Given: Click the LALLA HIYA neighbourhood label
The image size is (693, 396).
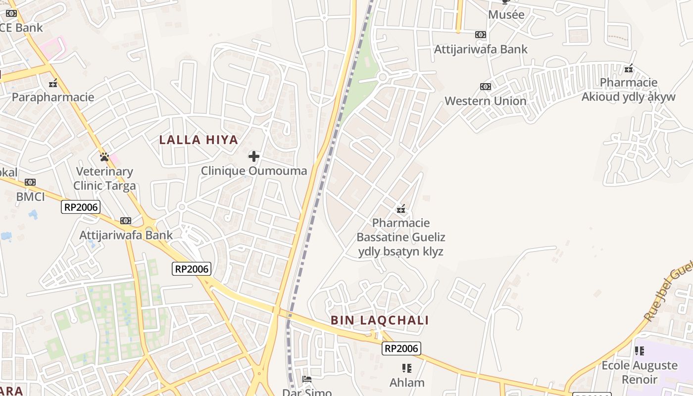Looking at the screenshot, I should pos(198,140).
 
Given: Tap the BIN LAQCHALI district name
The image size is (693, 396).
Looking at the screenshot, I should pos(380,320).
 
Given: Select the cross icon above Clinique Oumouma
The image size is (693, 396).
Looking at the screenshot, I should pos(254,156).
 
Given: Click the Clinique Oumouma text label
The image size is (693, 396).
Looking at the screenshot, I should pos(254,171).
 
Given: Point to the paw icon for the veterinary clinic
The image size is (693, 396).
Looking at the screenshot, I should pos(104,157).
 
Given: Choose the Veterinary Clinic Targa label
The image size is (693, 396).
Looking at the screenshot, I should pos(104,179).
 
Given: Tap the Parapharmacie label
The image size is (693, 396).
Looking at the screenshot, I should pos(53,97).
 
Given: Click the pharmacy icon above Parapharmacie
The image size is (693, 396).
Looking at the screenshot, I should pos(53,83).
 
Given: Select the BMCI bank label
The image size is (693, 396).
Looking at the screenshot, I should pos(30,197).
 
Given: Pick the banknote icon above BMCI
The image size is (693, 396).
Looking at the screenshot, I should pos(30,182).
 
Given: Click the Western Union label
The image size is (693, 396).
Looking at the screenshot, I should pos(485,101).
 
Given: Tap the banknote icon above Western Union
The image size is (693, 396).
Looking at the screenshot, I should pos(485,87).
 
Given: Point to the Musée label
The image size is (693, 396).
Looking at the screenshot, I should pos(506,15).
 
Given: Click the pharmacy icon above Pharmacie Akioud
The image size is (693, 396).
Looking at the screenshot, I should pos(629,68).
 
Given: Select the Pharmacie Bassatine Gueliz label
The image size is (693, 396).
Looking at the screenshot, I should pos(401,237).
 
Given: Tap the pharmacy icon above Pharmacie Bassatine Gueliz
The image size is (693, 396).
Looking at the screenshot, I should pos(401,209).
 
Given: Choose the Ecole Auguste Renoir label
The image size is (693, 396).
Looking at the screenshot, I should pos(639,372).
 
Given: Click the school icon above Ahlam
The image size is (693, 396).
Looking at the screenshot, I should pos(407,368).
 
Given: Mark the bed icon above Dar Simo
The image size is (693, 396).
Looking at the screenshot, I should pos(307,379).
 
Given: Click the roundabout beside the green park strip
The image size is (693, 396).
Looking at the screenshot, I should pos(382,77).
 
